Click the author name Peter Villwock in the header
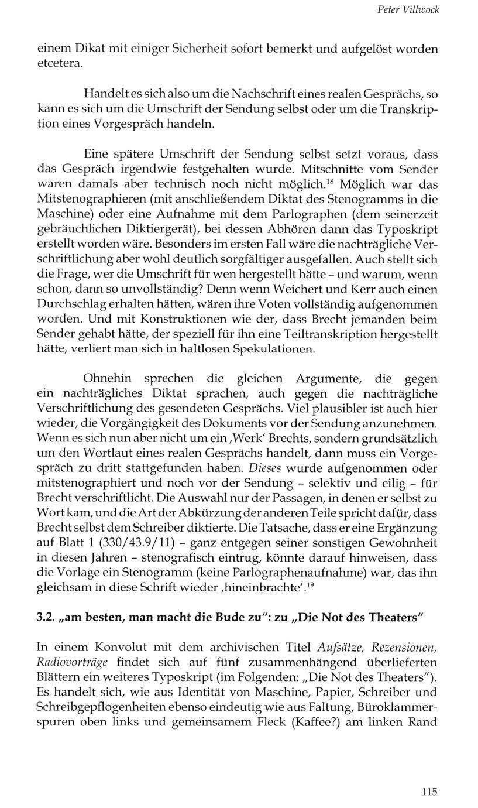[408, 10]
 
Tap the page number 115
[429, 792]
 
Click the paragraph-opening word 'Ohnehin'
[108, 378]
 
